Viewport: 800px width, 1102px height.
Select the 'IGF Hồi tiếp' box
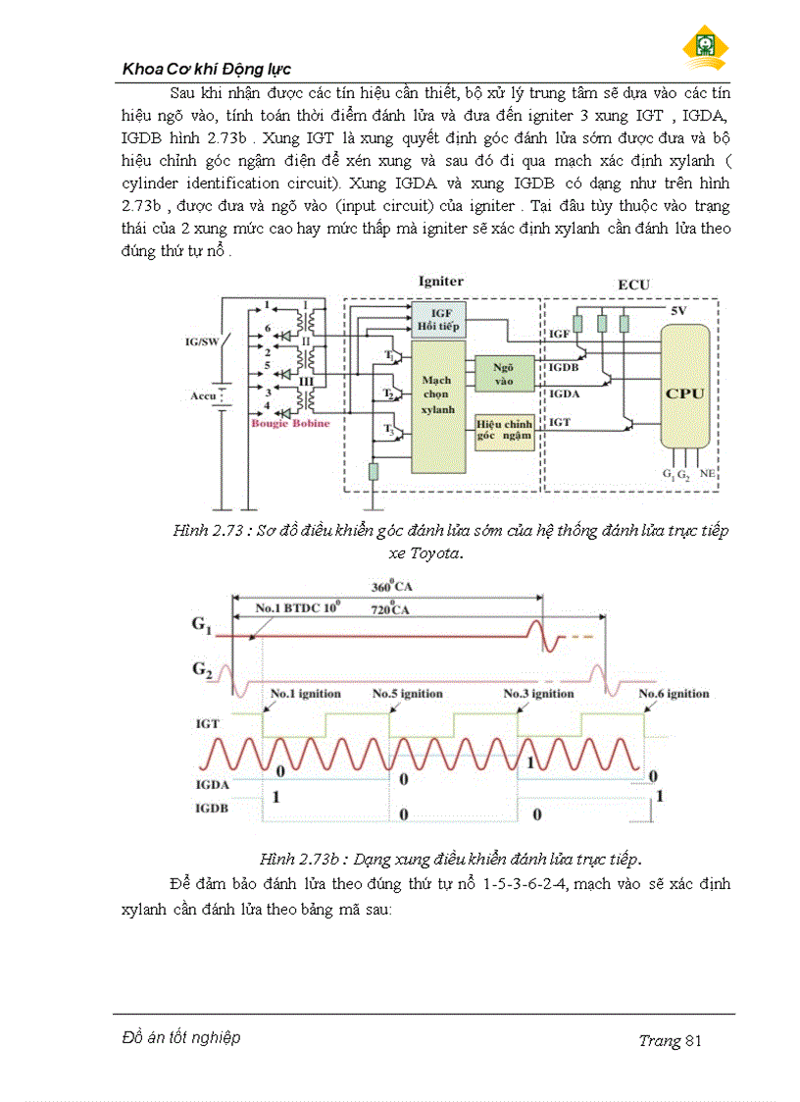pyautogui.click(x=440, y=319)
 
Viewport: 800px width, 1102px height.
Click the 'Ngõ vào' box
pyautogui.click(x=503, y=371)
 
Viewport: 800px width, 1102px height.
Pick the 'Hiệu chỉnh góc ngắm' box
pyautogui.click(x=504, y=430)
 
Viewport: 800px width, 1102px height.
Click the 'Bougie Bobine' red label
pyautogui.click(x=290, y=424)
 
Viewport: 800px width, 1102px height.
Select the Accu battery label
pyautogui.click(x=203, y=398)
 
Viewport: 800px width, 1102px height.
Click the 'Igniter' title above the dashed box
pyautogui.click(x=440, y=282)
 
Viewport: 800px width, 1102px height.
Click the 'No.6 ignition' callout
pyautogui.click(x=674, y=694)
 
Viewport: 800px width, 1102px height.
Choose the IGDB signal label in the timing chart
pyautogui.click(x=212, y=808)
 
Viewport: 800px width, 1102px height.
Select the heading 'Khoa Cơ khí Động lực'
pyautogui.click(x=206, y=70)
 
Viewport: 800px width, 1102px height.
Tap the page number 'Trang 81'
pyautogui.click(x=670, y=1040)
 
